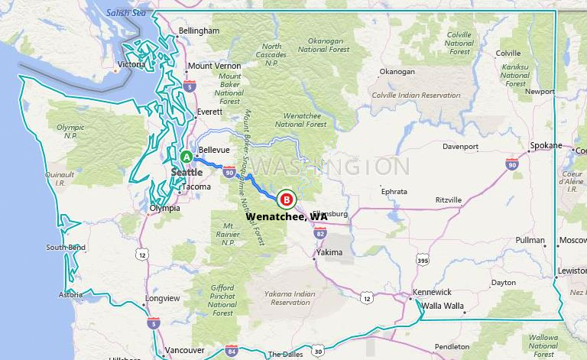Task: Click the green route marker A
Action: coord(186,156)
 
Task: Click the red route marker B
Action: coord(287,199)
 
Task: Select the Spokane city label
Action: coord(546,145)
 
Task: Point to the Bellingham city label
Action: coord(198,31)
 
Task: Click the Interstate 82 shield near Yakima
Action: coord(319,233)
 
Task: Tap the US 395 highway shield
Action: coord(422,261)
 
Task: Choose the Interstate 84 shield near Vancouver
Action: coord(232,351)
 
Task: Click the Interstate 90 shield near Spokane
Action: coord(511,164)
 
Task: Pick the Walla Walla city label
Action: coord(443,306)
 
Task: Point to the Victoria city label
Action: coord(131,65)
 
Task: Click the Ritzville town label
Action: coord(448,199)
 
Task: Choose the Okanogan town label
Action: coord(397,72)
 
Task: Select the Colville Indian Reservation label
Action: coord(416,96)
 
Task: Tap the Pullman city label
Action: coord(530,240)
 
